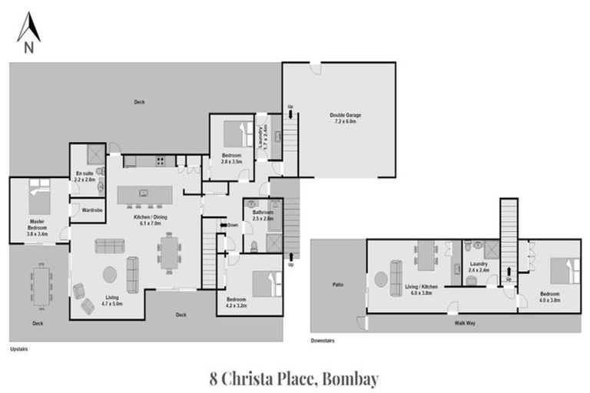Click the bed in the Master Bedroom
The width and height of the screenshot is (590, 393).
coord(39,196)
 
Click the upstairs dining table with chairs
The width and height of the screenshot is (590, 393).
coord(170,252)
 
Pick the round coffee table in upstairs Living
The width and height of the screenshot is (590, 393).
coord(110,274)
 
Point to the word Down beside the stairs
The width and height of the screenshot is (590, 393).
coord(233,225)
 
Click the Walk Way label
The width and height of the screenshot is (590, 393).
coord(466,324)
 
